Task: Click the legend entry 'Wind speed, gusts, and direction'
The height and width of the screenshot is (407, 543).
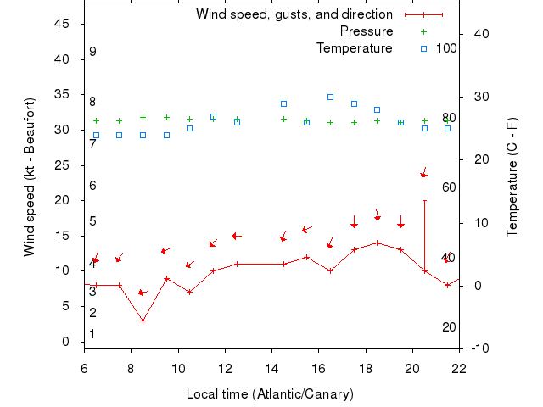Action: [294, 14]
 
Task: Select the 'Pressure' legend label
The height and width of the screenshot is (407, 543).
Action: [367, 31]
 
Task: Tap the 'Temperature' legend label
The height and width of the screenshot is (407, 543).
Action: [355, 48]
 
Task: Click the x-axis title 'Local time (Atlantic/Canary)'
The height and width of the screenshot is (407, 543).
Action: [270, 394]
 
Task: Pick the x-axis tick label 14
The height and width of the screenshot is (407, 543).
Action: [271, 369]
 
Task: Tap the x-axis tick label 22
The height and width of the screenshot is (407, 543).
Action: [459, 369]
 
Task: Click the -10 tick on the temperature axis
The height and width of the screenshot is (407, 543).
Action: [479, 348]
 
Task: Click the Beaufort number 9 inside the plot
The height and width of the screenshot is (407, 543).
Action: [92, 52]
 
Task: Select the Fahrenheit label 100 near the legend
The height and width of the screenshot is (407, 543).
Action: [446, 48]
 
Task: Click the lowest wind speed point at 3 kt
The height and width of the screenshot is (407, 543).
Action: [143, 321]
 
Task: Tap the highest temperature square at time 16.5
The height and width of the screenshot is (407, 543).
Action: [330, 97]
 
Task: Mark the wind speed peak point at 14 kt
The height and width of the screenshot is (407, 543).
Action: [377, 243]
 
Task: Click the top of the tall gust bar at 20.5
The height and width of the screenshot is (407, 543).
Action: [424, 200]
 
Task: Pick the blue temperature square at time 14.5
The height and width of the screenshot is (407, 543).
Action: [283, 103]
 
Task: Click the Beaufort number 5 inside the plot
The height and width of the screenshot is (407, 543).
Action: [92, 221]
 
